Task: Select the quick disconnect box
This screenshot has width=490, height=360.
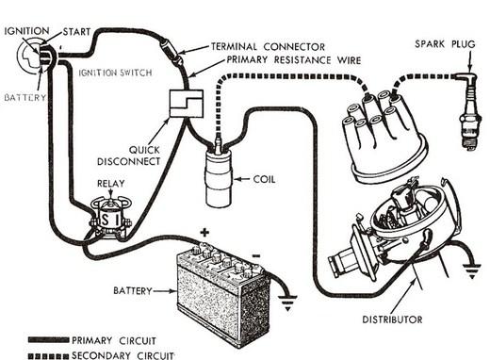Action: [187, 104]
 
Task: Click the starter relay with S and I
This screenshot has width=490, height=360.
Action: [110, 217]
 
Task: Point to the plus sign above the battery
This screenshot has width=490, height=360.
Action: [204, 233]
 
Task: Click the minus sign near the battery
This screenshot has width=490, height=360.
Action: [256, 256]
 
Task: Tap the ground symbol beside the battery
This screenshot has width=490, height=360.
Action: [287, 303]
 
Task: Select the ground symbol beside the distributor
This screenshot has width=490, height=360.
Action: [471, 271]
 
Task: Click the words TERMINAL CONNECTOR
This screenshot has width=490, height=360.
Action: [268, 47]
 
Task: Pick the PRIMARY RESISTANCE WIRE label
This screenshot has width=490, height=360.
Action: [294, 59]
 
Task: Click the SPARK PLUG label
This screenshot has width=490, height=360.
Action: [445, 43]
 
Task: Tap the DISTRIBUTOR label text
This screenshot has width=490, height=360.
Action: [392, 319]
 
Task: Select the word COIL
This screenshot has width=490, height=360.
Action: [264, 179]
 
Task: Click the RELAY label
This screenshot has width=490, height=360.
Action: [111, 184]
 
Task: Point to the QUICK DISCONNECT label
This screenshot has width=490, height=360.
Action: [129, 155]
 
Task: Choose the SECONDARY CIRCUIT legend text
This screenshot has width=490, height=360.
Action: [122, 355]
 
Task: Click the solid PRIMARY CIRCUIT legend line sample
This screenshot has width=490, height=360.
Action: [48, 340]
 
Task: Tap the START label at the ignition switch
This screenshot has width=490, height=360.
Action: [76, 32]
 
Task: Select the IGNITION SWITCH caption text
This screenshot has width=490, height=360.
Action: [115, 73]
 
